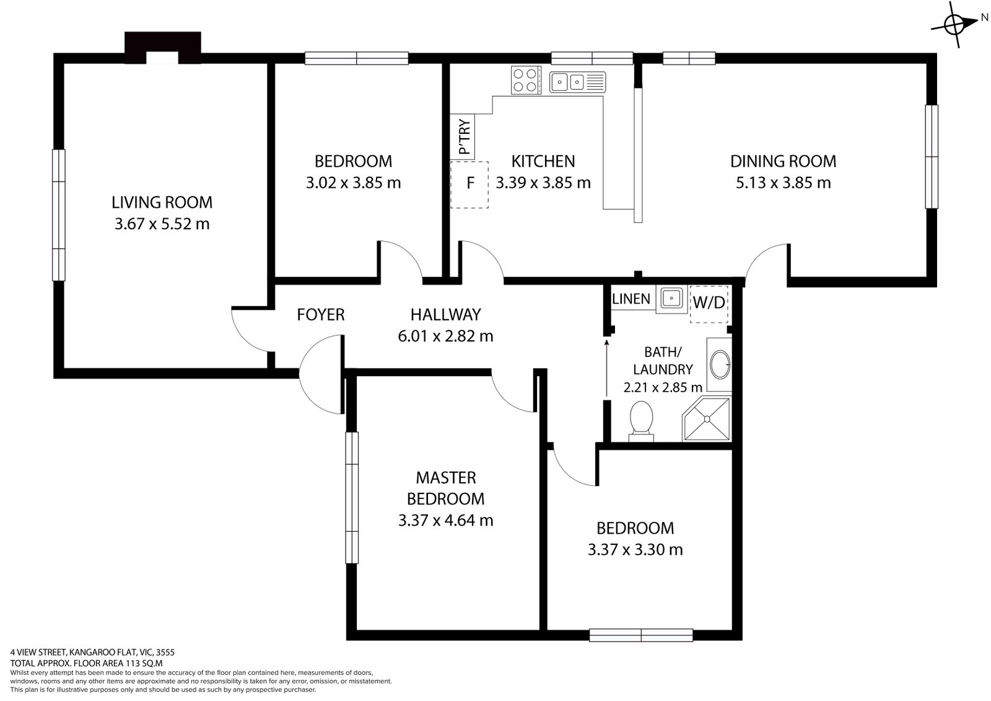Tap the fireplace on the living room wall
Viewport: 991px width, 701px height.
pyautogui.click(x=163, y=48)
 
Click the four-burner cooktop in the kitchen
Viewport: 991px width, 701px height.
pyautogui.click(x=525, y=80)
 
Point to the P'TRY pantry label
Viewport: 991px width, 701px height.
pyautogui.click(x=465, y=136)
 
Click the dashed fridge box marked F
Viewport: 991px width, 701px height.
pyautogui.click(x=469, y=184)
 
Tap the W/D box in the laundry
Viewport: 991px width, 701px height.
pyautogui.click(x=709, y=303)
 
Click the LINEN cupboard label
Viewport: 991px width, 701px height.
pyautogui.click(x=631, y=299)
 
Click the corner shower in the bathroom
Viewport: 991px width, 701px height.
pyautogui.click(x=707, y=420)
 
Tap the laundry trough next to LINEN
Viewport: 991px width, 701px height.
pyautogui.click(x=671, y=299)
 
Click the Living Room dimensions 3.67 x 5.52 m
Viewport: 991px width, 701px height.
pyautogui.click(x=162, y=224)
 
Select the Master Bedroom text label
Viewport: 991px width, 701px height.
pyautogui.click(x=446, y=488)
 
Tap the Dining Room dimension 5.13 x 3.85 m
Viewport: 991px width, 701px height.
pyautogui.click(x=783, y=183)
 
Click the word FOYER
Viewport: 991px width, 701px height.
pyautogui.click(x=320, y=315)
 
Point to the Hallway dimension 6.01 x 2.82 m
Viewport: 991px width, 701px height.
pyautogui.click(x=445, y=336)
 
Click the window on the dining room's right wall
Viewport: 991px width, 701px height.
pyautogui.click(x=931, y=156)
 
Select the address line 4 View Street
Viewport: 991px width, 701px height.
pyautogui.click(x=93, y=652)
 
